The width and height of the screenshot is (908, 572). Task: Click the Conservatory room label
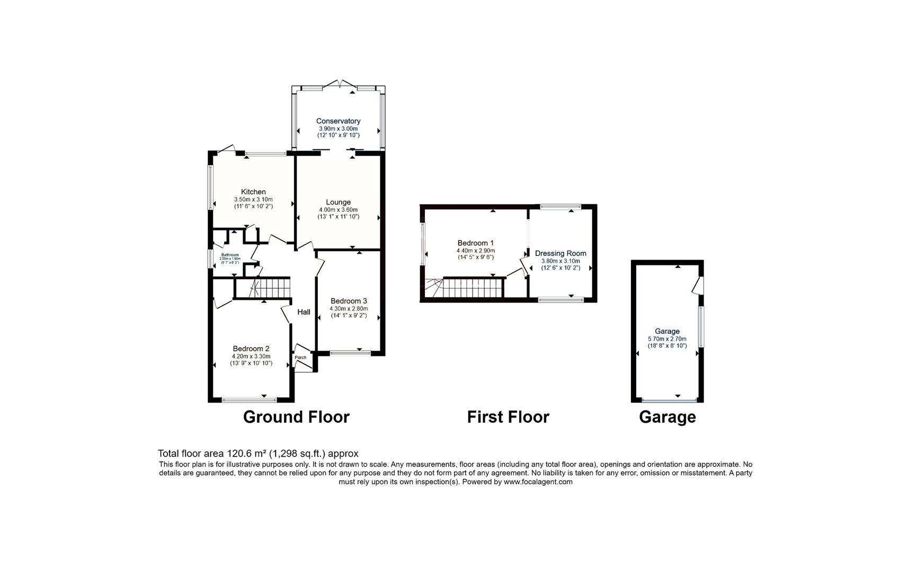(338, 121)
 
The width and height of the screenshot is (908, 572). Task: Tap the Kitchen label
(253, 192)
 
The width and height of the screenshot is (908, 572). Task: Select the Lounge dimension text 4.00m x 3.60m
(338, 210)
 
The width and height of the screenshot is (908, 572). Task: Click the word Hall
(304, 312)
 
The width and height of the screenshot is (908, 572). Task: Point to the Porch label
(300, 358)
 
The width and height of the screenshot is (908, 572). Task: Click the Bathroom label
(229, 255)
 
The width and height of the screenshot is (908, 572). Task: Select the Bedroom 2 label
(251, 348)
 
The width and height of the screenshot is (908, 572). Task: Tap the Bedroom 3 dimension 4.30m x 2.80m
(349, 309)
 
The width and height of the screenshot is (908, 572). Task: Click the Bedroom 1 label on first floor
(476, 243)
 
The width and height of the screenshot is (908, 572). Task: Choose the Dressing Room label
(560, 253)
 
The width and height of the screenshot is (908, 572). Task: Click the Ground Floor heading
(296, 417)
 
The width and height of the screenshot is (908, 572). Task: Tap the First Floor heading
(508, 417)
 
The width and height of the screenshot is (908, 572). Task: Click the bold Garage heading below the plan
(667, 417)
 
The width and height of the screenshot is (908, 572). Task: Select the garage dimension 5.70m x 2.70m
(667, 339)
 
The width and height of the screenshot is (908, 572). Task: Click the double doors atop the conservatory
(339, 84)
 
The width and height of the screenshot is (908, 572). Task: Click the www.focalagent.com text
(538, 482)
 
